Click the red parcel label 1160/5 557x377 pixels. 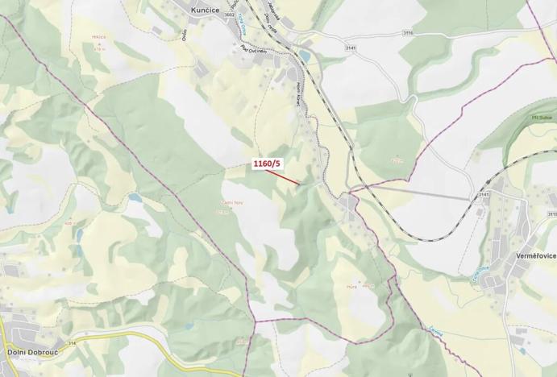coord(267,164)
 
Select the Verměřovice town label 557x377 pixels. coord(534,255)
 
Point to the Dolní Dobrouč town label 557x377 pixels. coord(31,351)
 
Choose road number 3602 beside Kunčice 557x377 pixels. coord(231,14)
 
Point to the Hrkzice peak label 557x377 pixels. coord(99,37)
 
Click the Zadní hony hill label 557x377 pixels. coord(232,203)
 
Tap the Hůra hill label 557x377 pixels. coord(351,286)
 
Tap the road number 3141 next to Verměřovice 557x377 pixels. coord(484,194)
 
